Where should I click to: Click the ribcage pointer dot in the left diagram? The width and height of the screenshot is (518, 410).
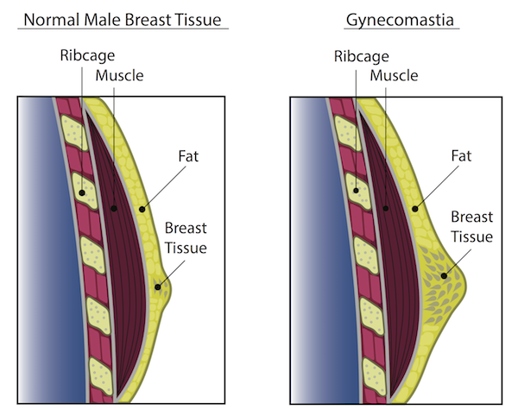(x=82, y=192)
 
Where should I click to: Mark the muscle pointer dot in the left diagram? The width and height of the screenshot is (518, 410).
(x=112, y=208)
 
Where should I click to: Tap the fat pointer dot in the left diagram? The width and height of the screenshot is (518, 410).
(x=142, y=208)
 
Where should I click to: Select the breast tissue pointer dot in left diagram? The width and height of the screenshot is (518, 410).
(x=158, y=287)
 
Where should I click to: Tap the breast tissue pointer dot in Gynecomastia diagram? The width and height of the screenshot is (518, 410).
(x=445, y=276)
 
